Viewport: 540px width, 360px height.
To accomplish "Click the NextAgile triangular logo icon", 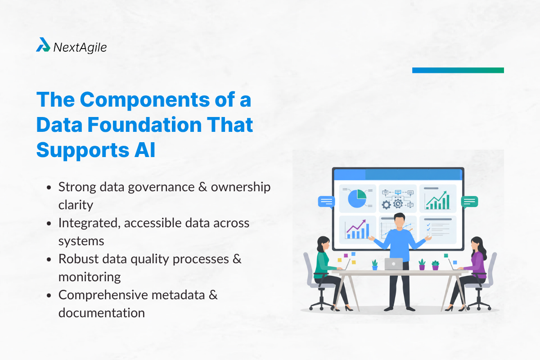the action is [43, 45].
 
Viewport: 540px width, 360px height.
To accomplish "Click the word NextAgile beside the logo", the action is [80, 48].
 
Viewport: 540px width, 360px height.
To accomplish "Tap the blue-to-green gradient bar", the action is [458, 70].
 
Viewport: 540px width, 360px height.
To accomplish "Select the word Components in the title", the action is [145, 100].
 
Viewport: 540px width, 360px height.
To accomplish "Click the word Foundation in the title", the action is [144, 125].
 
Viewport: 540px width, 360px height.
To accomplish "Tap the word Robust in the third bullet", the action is [79, 259].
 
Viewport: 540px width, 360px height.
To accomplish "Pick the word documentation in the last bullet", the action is [102, 313].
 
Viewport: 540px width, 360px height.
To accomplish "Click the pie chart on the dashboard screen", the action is [357, 198].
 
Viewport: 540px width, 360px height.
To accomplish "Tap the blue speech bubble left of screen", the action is [326, 202].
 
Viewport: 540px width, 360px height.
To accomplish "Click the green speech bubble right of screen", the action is [469, 202].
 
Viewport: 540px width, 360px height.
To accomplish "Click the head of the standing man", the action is [400, 220].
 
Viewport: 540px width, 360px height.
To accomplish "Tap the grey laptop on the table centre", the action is [394, 264].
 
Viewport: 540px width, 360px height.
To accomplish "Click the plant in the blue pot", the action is [374, 265].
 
